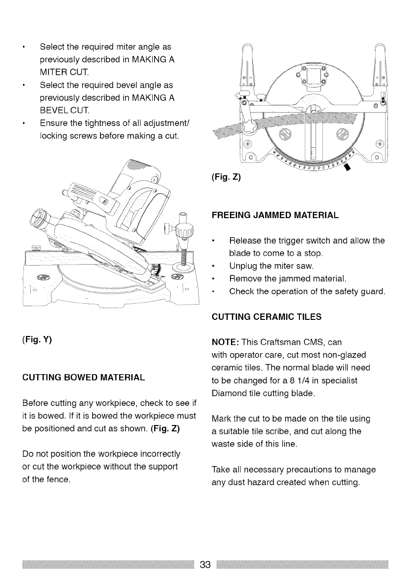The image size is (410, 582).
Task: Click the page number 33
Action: [x=205, y=565]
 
